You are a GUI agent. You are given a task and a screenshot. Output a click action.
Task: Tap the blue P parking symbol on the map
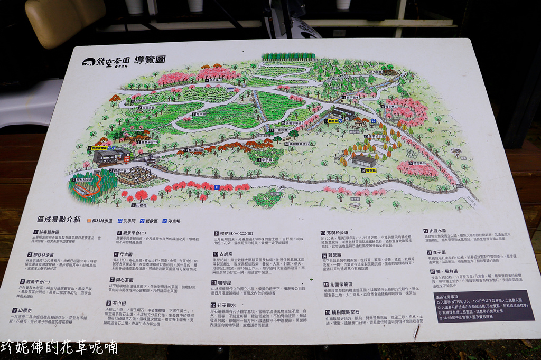pyautogui.click(x=217, y=187)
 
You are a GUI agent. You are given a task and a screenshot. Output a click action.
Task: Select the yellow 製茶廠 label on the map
pyautogui.click(x=370, y=170)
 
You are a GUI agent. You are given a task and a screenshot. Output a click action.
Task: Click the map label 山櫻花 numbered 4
pyautogui.click(x=140, y=205)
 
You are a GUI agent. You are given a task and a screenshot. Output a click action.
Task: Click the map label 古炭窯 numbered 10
pyautogui.click(x=375, y=72)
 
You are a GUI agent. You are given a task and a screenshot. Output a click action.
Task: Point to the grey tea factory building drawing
pyautogui.click(x=364, y=160)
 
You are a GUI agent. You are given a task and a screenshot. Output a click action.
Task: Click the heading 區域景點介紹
pyautogui.click(x=59, y=219)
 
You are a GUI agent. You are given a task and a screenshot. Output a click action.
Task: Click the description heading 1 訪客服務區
pyautogui.click(x=41, y=231)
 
